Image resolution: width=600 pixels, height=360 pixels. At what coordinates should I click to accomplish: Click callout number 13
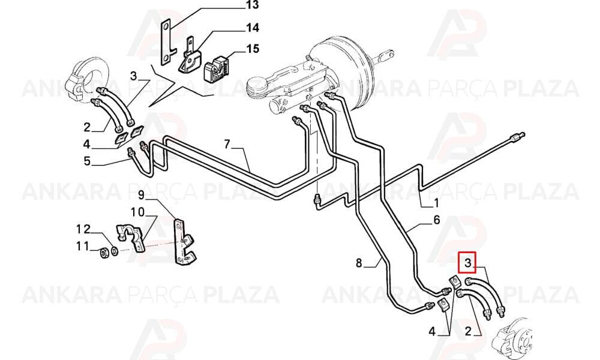[x=253, y=5]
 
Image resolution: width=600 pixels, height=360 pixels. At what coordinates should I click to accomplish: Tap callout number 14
[x=253, y=28]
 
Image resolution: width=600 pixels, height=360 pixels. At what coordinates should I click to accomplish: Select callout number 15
[x=253, y=49]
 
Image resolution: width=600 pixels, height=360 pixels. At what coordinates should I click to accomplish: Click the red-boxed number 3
[x=467, y=262]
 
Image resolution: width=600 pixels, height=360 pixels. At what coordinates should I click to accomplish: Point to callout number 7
[x=227, y=144]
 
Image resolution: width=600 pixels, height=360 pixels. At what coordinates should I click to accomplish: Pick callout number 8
[x=359, y=263]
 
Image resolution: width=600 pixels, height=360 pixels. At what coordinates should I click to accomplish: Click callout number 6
[x=437, y=220]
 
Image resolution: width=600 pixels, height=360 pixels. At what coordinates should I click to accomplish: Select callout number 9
[x=141, y=196]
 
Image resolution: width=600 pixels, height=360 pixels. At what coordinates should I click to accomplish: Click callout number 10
[x=138, y=212]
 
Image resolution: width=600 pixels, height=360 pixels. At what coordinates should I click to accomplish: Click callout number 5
[x=87, y=161]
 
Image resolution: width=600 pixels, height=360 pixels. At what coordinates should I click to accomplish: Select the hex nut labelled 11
[x=103, y=253]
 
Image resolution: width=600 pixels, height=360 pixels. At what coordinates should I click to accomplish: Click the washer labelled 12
[x=115, y=251]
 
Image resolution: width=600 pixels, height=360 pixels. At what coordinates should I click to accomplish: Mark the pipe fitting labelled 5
[x=132, y=152]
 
